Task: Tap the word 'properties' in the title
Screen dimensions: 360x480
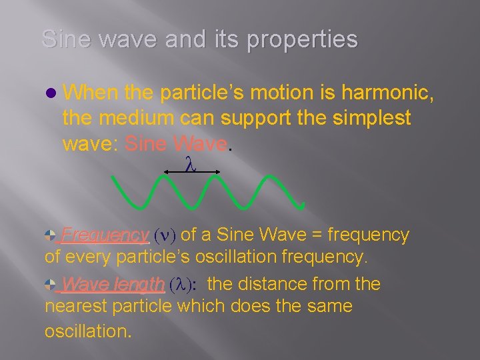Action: tap(303, 40)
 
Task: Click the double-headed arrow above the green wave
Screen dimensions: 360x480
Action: tap(191, 172)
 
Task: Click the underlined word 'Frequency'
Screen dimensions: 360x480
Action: tap(105, 235)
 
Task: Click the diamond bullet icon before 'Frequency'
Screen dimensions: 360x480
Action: tap(51, 235)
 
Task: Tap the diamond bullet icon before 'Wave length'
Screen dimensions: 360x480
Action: tap(51, 285)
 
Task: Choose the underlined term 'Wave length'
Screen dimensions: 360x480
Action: tap(112, 285)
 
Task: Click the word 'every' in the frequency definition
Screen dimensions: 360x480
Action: tap(91, 257)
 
